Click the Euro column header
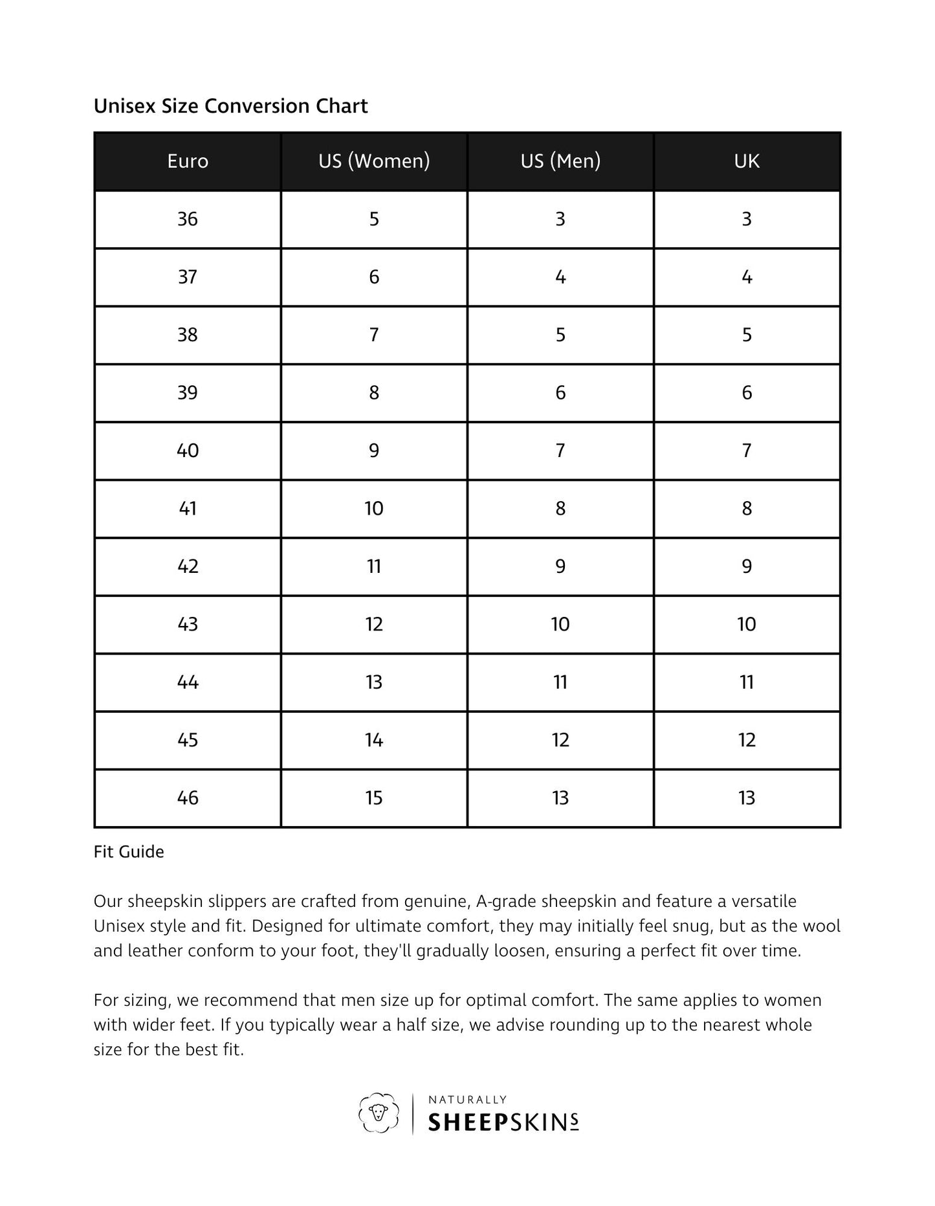pos(188,161)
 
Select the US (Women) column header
pos(374,161)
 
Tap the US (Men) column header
pos(560,161)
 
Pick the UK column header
pos(747,161)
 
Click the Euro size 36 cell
pos(188,219)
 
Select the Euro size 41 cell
pos(188,509)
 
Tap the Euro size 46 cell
pos(188,798)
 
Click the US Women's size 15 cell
pos(374,798)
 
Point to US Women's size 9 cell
pos(374,451)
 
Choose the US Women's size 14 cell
pos(374,740)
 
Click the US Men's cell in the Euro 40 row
pos(560,451)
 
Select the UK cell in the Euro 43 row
pos(747,625)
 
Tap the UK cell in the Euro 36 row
pos(747,219)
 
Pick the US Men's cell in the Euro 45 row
pos(560,740)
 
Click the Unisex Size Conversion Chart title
pos(230,106)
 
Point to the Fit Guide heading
pos(129,852)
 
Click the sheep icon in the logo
pos(378,1113)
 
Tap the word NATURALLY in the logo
pos(467,1099)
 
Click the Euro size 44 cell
pos(188,682)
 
